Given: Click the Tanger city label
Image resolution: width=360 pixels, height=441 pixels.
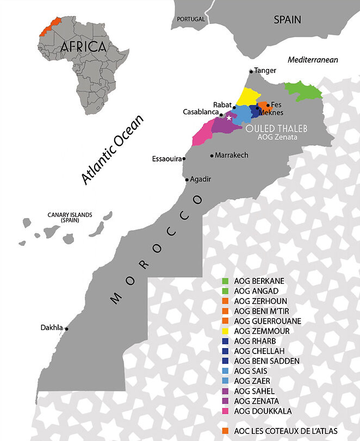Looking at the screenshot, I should [265, 71].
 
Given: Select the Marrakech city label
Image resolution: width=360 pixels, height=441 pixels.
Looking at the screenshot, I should [232, 156].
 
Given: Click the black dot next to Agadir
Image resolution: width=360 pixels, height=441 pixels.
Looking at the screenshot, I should [187, 179].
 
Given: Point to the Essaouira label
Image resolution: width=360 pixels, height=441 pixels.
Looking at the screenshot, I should [166, 159].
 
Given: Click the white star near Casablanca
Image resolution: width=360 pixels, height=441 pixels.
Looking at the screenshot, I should [229, 118].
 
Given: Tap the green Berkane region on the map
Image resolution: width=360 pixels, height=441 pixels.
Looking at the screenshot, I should [302, 91].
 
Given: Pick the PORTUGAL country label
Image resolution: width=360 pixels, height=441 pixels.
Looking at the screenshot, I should [191, 19].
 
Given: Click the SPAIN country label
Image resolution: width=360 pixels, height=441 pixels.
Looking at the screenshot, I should [287, 20].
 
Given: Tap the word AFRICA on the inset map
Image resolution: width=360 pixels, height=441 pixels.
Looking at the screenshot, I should [83, 47].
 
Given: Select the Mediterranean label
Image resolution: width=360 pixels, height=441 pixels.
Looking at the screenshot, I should [313, 60].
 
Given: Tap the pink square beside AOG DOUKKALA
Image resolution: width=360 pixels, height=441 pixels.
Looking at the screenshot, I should [226, 411].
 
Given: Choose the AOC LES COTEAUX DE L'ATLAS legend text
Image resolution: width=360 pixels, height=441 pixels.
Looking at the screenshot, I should [286, 431].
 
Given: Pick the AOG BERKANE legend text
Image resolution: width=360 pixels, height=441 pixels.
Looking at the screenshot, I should [259, 281].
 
